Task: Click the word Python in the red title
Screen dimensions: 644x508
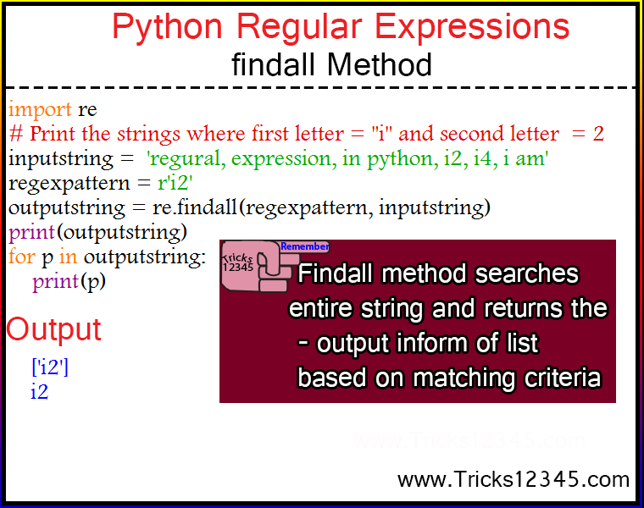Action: [167, 28]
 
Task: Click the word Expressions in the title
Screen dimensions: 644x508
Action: [472, 28]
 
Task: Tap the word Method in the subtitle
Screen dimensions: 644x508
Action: [380, 65]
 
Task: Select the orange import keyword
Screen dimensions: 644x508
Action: [41, 109]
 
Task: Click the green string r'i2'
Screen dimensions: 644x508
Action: [175, 183]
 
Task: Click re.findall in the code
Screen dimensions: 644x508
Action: [195, 207]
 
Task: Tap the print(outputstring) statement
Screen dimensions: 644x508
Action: [97, 233]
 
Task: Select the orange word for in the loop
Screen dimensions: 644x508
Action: [22, 257]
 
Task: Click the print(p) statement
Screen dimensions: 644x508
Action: [69, 282]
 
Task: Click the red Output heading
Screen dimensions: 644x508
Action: [53, 329]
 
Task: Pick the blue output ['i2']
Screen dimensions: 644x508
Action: [50, 367]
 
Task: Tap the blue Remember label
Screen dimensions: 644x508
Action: [305, 246]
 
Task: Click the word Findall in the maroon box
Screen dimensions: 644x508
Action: [336, 273]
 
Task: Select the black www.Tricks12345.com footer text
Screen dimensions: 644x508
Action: [514, 479]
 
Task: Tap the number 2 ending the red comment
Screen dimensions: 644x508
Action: [598, 134]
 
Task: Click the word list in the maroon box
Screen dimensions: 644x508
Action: [522, 343]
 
